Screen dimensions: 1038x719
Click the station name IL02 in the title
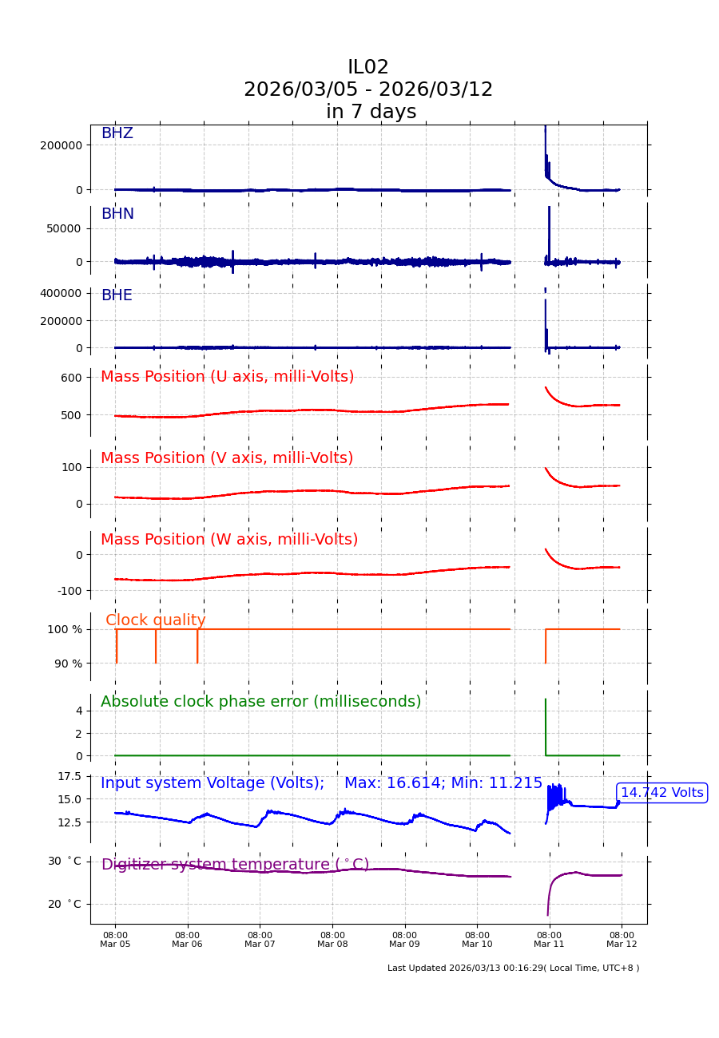368,68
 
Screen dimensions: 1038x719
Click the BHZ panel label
117,134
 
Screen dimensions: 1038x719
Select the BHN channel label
117,215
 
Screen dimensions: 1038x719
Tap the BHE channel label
117,296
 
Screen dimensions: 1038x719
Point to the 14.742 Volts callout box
661,793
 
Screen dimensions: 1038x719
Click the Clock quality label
156,620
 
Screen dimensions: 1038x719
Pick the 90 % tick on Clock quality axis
68,664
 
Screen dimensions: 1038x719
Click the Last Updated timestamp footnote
513,969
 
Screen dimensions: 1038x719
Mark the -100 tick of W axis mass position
68,591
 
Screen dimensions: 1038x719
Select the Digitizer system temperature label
235,865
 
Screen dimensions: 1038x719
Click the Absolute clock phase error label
260,702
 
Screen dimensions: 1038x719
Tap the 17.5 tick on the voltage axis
69,777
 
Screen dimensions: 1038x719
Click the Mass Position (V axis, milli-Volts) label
227,458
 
